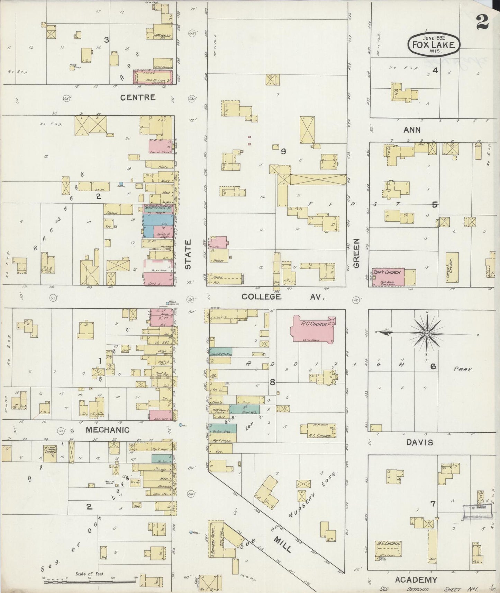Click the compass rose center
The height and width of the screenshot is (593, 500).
click(427, 333)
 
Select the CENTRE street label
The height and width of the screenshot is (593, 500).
click(138, 97)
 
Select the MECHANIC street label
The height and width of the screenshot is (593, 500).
click(108, 430)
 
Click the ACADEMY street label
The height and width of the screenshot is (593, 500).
click(416, 579)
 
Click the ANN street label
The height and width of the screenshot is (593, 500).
click(412, 130)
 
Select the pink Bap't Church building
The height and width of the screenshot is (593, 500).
click(388, 276)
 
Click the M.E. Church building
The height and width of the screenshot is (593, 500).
click(388, 551)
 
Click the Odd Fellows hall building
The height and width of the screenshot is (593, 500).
click(153, 77)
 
